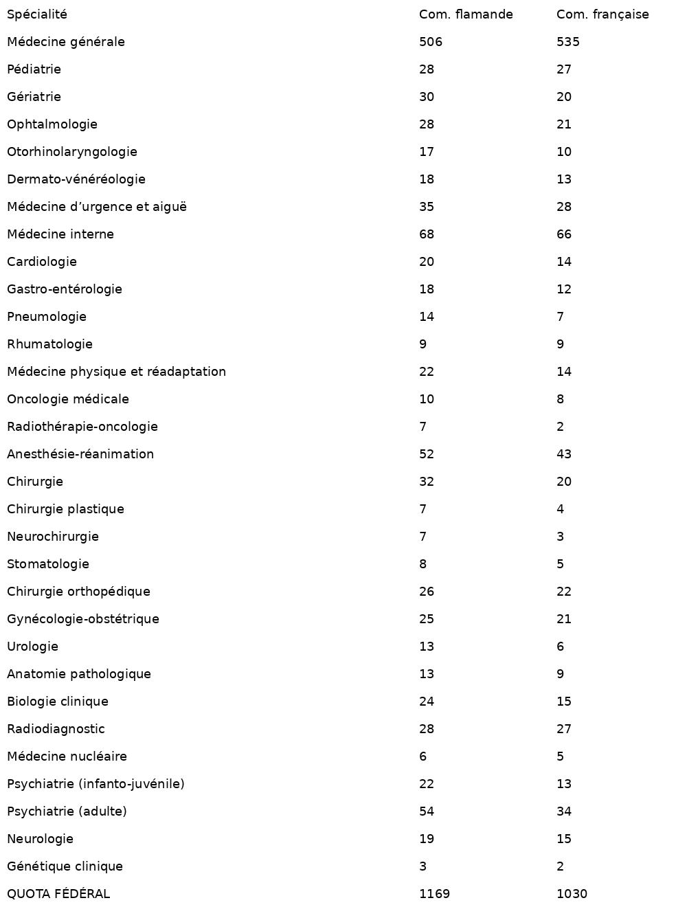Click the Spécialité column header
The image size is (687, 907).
(x=37, y=14)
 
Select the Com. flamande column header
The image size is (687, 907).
(x=466, y=14)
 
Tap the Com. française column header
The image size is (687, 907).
(x=602, y=14)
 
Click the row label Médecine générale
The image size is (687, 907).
(x=66, y=42)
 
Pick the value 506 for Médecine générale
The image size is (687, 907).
(x=431, y=42)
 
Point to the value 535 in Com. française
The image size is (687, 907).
(x=568, y=42)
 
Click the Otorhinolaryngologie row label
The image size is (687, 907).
(x=72, y=152)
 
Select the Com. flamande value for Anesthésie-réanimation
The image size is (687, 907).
(x=427, y=454)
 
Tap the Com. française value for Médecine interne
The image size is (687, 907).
(x=564, y=234)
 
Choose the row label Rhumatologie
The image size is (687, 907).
(x=49, y=344)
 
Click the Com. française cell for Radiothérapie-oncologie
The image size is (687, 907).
(x=561, y=427)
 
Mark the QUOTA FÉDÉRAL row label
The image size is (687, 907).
(x=58, y=894)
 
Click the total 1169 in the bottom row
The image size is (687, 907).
(x=434, y=894)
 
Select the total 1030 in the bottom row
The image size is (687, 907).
(x=572, y=894)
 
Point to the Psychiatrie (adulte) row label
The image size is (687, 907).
(x=67, y=811)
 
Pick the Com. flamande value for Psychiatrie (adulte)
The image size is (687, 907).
(x=427, y=811)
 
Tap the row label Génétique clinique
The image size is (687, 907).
(x=65, y=866)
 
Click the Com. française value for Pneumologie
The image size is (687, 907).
(x=561, y=317)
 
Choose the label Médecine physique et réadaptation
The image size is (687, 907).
(x=116, y=372)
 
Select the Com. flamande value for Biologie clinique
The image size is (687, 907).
(x=427, y=702)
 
